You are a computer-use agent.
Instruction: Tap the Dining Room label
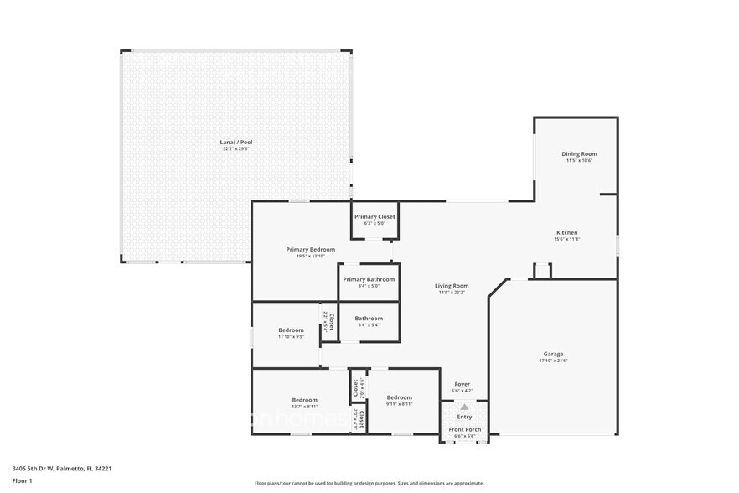coord(579,154)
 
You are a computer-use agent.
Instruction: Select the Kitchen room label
coord(567,233)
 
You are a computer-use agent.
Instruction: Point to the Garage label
coord(553,354)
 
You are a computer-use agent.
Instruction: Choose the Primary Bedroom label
coord(310,249)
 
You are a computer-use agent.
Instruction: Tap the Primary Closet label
coord(374,217)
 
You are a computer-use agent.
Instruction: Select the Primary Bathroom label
coord(368,279)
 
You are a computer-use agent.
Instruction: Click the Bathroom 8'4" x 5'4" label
coord(369,319)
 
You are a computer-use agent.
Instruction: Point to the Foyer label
coord(463,384)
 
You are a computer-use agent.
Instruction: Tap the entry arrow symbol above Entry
coord(464,407)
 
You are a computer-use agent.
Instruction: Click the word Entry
coord(464,417)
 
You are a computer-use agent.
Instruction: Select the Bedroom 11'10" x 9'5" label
coord(291,330)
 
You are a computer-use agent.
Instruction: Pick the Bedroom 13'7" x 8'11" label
coord(304,399)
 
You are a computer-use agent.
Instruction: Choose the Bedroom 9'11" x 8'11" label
coord(399,397)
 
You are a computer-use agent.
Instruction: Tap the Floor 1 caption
coord(22,480)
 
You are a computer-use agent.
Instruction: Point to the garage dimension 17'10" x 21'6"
coord(553,361)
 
